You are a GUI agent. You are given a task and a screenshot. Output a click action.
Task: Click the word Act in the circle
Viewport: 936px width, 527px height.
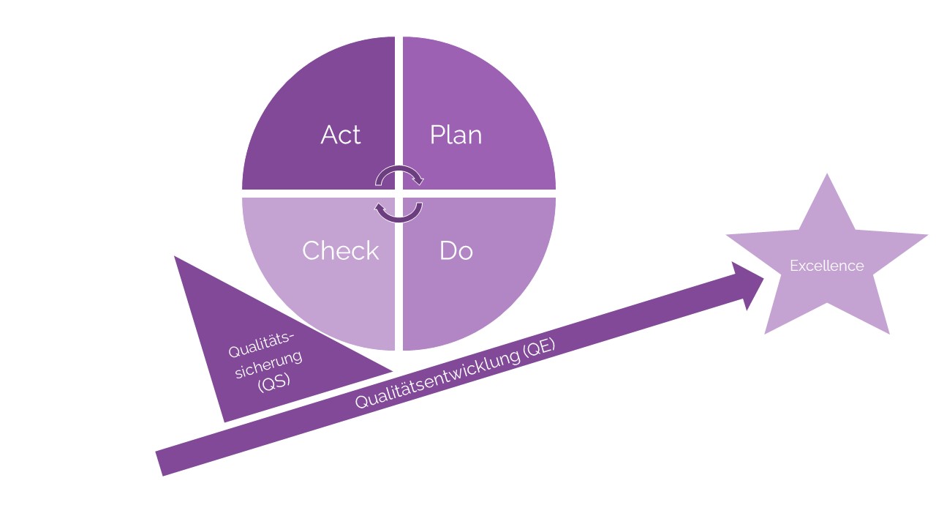[341, 135]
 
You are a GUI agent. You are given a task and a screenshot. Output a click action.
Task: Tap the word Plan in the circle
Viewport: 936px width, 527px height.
[456, 135]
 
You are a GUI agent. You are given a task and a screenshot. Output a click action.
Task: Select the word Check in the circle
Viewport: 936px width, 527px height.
[341, 250]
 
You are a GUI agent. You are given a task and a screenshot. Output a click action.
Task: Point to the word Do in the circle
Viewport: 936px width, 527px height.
[456, 250]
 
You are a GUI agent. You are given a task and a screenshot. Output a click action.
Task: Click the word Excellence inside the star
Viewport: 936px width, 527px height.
[826, 266]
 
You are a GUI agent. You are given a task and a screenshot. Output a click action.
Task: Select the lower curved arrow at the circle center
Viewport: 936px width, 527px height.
[399, 212]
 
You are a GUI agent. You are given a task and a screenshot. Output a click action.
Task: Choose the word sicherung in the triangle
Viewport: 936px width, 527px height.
[268, 365]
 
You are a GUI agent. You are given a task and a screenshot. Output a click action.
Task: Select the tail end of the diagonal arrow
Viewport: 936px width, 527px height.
[160, 463]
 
